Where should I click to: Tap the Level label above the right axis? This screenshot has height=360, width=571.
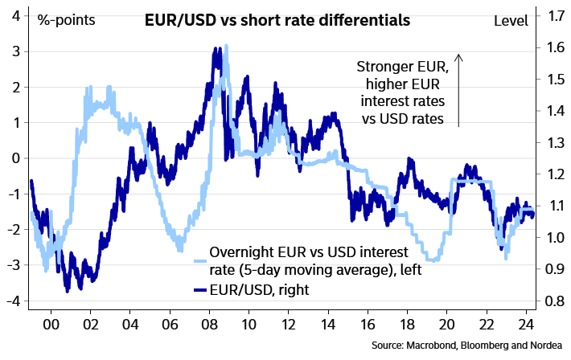[510, 18]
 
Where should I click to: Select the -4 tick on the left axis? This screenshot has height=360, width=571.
[12, 301]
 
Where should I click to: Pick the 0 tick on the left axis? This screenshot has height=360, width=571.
[14, 158]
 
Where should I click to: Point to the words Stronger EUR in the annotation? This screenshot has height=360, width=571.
[400, 68]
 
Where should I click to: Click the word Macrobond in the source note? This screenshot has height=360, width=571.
[437, 346]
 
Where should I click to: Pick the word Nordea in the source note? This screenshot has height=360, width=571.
[547, 346]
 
